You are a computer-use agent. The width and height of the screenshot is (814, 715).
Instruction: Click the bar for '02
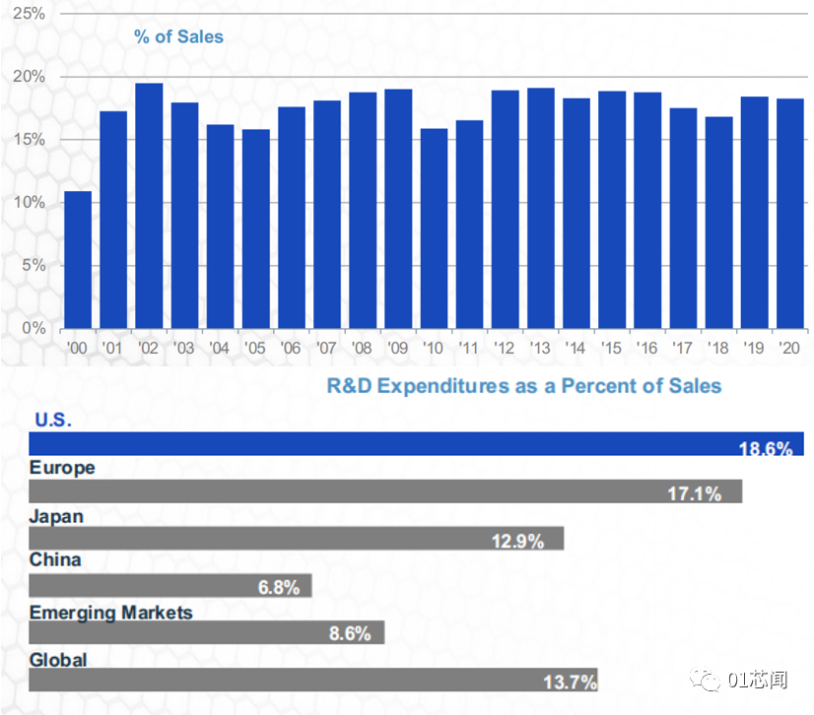149,206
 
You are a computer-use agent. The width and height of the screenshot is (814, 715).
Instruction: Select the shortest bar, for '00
78,260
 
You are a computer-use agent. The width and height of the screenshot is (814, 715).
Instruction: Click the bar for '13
541,208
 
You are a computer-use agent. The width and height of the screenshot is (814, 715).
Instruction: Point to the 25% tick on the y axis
31,14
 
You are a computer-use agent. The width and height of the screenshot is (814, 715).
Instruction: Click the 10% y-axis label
31,202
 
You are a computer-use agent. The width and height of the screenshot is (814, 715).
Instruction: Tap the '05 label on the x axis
255,348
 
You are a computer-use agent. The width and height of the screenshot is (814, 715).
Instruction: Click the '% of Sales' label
178,37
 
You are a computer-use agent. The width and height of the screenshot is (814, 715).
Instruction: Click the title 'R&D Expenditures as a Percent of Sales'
524,385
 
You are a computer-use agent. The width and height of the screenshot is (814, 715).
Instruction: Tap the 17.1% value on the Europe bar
694,493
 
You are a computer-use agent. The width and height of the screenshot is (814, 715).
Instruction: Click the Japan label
56,516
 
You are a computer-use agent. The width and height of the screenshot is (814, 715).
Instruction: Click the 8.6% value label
349,634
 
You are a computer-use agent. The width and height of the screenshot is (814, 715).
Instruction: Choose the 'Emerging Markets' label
110,613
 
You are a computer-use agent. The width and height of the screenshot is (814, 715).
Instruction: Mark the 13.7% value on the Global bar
569,682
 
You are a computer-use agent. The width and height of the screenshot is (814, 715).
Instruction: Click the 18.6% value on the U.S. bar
766,449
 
